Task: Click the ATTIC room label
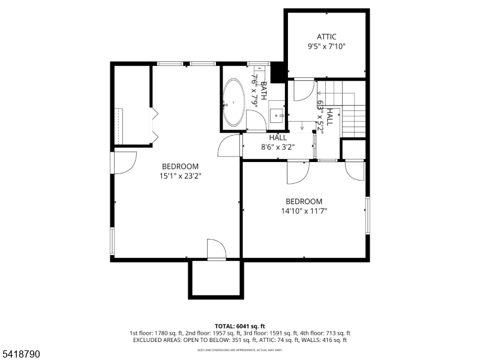coord(326,37)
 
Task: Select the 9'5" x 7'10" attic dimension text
coord(326,46)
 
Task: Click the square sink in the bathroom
coord(277,114)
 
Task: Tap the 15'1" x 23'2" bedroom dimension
coord(179,176)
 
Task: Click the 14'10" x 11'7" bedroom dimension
coord(304,211)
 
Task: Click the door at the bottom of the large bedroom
coord(216,249)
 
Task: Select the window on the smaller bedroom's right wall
coord(367,215)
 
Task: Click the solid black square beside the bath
coord(278,73)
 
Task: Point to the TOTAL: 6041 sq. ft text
coord(239,325)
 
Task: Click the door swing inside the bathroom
coord(256,121)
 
